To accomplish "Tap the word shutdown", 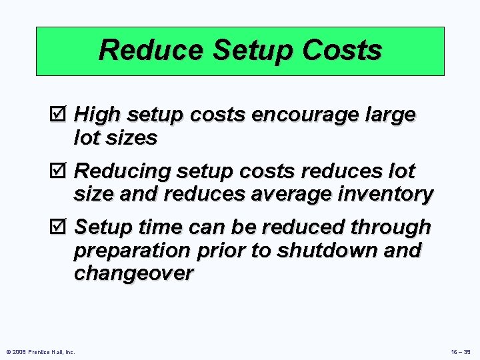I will click(311, 251).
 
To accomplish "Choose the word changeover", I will click(133, 273).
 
